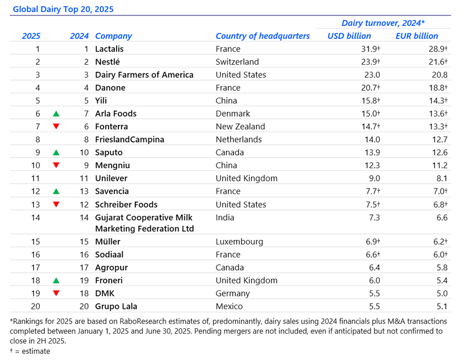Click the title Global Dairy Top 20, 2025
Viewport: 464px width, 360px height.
[63, 9]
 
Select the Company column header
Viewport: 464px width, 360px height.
[113, 36]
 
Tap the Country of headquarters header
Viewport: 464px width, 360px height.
[262, 36]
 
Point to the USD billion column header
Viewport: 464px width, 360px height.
[349, 36]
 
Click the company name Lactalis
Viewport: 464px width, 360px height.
[109, 49]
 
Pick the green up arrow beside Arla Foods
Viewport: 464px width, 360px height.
[56, 114]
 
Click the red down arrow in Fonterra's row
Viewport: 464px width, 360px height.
[56, 127]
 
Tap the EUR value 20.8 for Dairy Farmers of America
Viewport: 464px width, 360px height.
[439, 75]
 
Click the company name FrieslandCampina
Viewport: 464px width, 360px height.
[129, 139]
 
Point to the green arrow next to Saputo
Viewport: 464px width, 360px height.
[56, 152]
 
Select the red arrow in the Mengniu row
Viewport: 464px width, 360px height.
[56, 165]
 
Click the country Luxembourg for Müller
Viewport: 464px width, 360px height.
[239, 242]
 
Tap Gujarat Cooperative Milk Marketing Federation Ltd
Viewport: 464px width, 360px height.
[144, 223]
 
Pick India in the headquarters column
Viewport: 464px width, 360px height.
[225, 218]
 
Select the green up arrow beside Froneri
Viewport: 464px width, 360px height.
[56, 281]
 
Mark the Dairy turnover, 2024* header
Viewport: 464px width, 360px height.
[383, 23]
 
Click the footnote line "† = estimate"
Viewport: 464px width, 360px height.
[30, 351]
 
